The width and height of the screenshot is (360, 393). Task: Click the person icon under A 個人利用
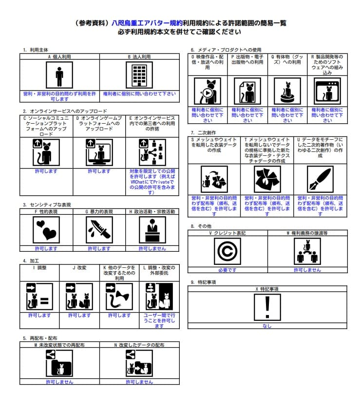point(59,75)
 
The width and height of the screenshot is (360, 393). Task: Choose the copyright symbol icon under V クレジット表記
point(227,251)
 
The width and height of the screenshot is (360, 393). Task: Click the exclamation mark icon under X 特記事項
point(267,307)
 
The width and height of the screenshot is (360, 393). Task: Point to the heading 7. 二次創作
point(203,132)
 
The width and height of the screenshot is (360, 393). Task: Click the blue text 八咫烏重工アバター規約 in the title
point(147,23)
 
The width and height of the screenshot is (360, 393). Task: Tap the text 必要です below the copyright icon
point(227,270)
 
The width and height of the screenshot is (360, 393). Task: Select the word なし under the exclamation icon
point(267,326)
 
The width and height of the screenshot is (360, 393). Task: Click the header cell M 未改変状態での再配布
point(59,345)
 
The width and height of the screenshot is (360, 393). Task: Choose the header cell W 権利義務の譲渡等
point(307,233)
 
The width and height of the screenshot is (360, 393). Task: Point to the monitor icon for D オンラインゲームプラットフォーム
point(99,152)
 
